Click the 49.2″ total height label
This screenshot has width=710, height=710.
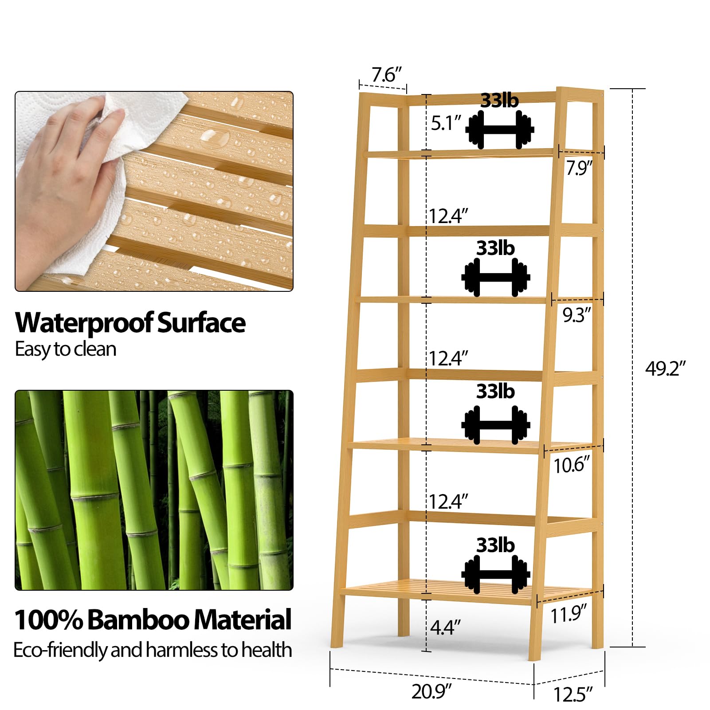[665, 369]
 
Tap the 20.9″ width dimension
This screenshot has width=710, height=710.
[431, 692]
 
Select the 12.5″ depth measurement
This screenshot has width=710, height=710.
[573, 694]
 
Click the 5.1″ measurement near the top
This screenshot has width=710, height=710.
[446, 123]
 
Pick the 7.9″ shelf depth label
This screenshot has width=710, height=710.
[579, 169]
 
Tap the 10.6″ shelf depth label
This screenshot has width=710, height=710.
[572, 465]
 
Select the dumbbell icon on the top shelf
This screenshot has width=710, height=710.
[500, 129]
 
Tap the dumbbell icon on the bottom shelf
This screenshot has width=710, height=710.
[496, 574]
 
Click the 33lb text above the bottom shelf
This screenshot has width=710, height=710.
[496, 545]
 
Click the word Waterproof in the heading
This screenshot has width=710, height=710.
[84, 324]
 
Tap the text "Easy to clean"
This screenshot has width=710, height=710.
[66, 349]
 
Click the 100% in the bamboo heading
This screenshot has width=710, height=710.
[49, 620]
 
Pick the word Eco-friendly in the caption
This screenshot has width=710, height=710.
[61, 651]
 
